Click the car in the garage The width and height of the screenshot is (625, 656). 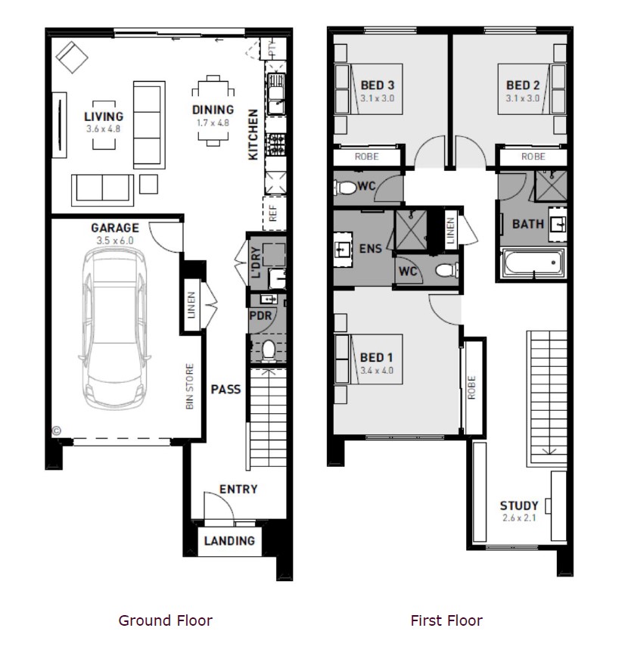114,328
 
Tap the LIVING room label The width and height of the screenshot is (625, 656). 104,117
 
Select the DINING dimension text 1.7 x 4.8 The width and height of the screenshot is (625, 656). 213,123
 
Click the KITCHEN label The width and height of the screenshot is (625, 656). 253,134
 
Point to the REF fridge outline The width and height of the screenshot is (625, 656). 274,213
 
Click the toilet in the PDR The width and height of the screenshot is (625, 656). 268,350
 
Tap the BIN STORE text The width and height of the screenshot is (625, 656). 189,386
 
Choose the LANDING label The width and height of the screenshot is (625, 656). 229,540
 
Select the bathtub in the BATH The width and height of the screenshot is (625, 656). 533,263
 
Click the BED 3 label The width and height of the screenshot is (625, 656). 378,85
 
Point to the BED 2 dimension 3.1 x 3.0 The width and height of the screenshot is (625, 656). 523,98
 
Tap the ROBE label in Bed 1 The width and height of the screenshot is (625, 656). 471,387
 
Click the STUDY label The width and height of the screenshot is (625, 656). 519,505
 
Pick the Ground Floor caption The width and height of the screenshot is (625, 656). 165,620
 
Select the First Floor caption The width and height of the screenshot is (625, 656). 446,620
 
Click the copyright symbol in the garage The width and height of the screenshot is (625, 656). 57,430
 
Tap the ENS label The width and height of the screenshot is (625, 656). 371,248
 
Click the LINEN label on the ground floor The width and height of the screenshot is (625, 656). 191,305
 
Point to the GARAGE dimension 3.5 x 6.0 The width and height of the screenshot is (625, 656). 115,241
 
